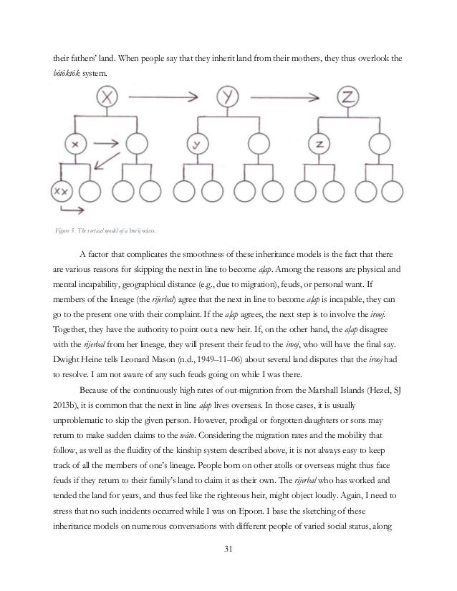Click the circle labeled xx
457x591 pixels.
pos(63,191)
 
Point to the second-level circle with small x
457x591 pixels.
pos(74,145)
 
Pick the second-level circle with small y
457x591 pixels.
pos(194,145)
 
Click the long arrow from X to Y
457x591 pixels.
pos(158,92)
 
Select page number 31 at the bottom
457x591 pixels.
pos(228,570)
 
